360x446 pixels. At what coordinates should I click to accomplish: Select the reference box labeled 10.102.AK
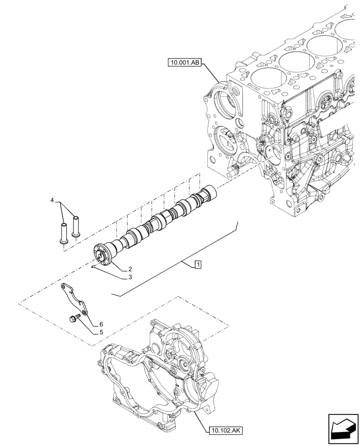click(225, 430)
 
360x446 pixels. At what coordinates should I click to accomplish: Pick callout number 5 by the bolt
click(101, 332)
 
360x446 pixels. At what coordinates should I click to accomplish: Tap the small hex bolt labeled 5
click(73, 318)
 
